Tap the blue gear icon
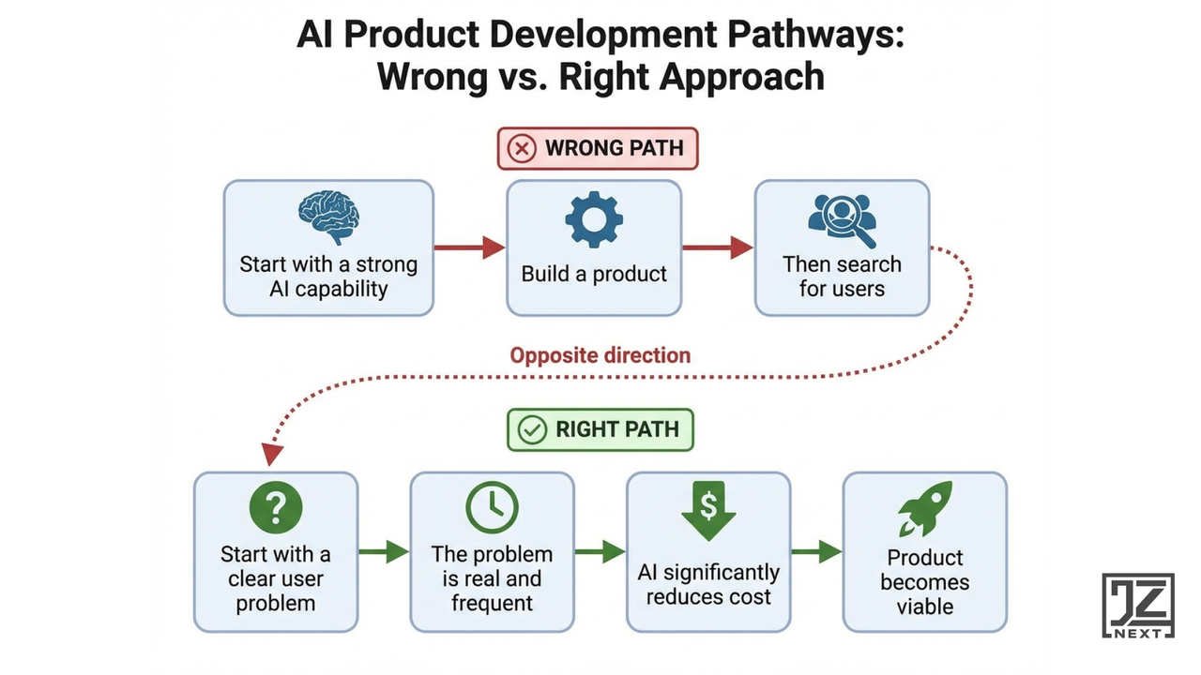click(x=593, y=220)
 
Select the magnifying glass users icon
click(x=842, y=219)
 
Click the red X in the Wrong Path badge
click(x=522, y=148)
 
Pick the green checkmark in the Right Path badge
click(x=532, y=430)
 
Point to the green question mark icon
click(x=275, y=507)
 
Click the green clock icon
click(x=492, y=507)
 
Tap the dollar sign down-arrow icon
click(x=708, y=510)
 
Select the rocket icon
click(x=925, y=509)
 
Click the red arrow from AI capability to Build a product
click(x=469, y=247)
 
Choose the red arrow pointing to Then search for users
click(x=718, y=247)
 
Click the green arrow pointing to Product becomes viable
click(x=816, y=551)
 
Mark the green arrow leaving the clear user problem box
click(x=384, y=551)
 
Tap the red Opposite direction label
click(x=600, y=355)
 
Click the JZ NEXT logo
click(x=1137, y=606)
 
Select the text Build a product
click(x=594, y=275)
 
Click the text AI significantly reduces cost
click(x=708, y=584)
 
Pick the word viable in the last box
click(x=924, y=607)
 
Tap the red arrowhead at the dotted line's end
click(x=272, y=455)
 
